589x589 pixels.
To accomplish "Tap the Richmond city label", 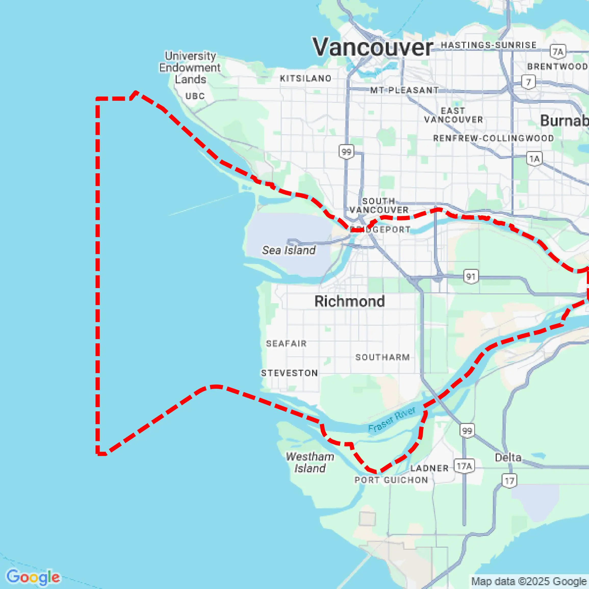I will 349,301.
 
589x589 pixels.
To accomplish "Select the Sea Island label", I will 289,250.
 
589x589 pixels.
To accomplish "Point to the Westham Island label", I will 310,462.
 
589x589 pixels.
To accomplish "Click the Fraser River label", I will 392,419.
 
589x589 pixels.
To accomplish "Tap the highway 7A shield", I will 558,52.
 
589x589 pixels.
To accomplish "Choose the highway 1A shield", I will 534,159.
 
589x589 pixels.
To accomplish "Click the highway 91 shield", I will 471,277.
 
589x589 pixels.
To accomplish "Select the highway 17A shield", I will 464,466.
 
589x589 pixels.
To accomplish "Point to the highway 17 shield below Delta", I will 509,481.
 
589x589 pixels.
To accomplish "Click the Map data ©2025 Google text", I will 529,581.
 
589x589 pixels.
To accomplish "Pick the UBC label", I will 195,96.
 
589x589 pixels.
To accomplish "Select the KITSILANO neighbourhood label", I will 305,78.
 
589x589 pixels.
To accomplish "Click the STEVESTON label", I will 289,373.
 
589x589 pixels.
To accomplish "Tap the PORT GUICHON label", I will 391,480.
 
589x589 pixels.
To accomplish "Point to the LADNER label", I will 429,468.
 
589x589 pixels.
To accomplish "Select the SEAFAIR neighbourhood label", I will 286,343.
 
